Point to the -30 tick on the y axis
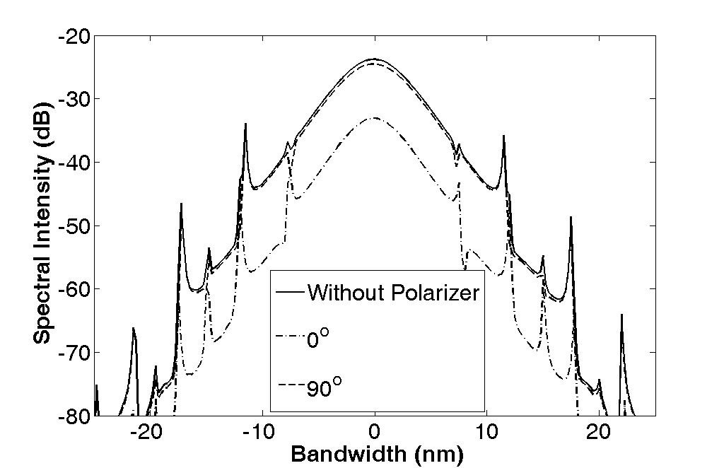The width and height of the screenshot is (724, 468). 74,99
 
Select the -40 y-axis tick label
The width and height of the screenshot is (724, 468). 74,163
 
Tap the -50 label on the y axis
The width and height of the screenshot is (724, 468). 74,226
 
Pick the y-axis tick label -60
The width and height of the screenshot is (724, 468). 74,289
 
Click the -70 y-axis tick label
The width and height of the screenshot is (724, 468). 74,353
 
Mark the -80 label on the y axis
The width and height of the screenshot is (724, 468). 74,416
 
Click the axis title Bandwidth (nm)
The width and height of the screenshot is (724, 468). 377,455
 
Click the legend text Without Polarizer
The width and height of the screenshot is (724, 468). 394,293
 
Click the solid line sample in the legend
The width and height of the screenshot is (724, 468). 289,292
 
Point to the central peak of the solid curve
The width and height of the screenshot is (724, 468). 374,59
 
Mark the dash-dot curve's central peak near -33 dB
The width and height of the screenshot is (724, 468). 375,118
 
